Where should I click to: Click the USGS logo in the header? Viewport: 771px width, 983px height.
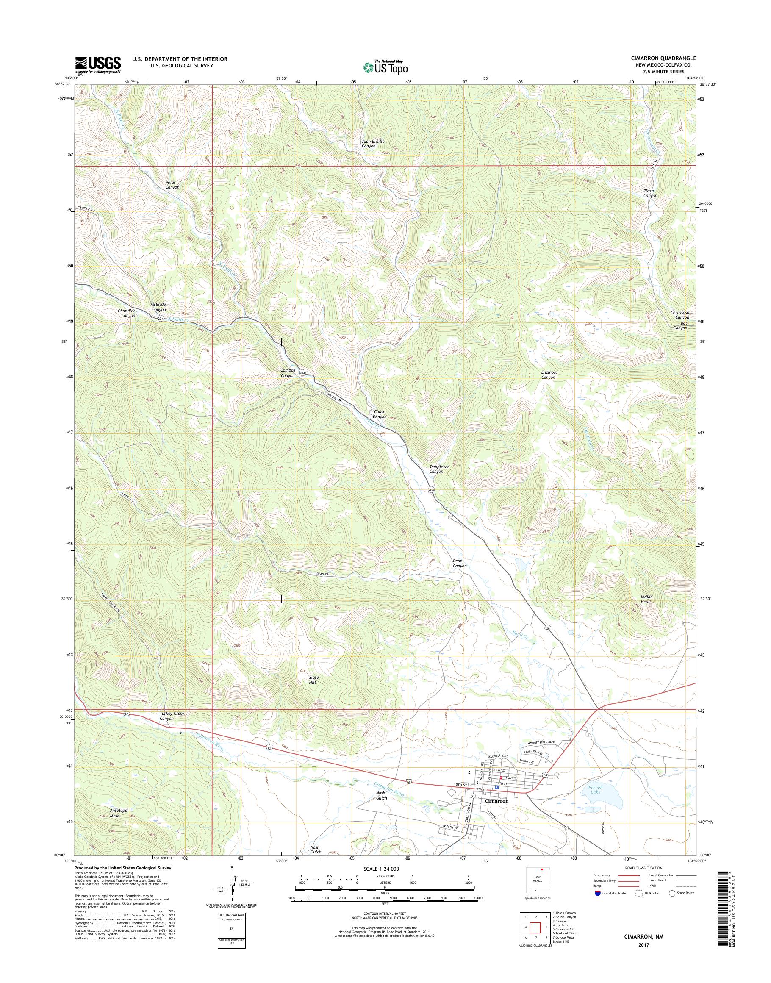(x=98, y=64)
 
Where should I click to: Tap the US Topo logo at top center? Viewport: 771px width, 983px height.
(x=385, y=67)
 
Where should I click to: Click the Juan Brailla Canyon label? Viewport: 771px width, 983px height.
(x=373, y=144)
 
